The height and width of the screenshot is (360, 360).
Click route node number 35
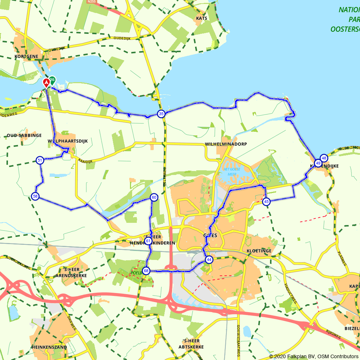(x=161, y=114)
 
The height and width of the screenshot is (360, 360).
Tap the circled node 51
(x=40, y=160)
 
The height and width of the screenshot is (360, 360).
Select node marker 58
(x=35, y=196)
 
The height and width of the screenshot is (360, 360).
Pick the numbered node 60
(x=154, y=197)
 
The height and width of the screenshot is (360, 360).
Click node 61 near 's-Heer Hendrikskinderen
(x=148, y=241)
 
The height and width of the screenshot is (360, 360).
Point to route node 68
(x=146, y=271)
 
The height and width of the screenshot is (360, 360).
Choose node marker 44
(x=209, y=260)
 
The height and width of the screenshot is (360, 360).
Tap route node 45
(x=266, y=202)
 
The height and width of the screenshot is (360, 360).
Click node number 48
(x=324, y=158)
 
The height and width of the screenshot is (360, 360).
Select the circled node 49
(x=318, y=163)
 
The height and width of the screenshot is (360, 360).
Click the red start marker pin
(x=46, y=83)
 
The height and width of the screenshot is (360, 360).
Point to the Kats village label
(x=202, y=18)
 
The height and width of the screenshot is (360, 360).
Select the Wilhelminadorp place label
(x=226, y=144)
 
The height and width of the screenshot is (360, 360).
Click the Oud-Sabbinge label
(x=24, y=135)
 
